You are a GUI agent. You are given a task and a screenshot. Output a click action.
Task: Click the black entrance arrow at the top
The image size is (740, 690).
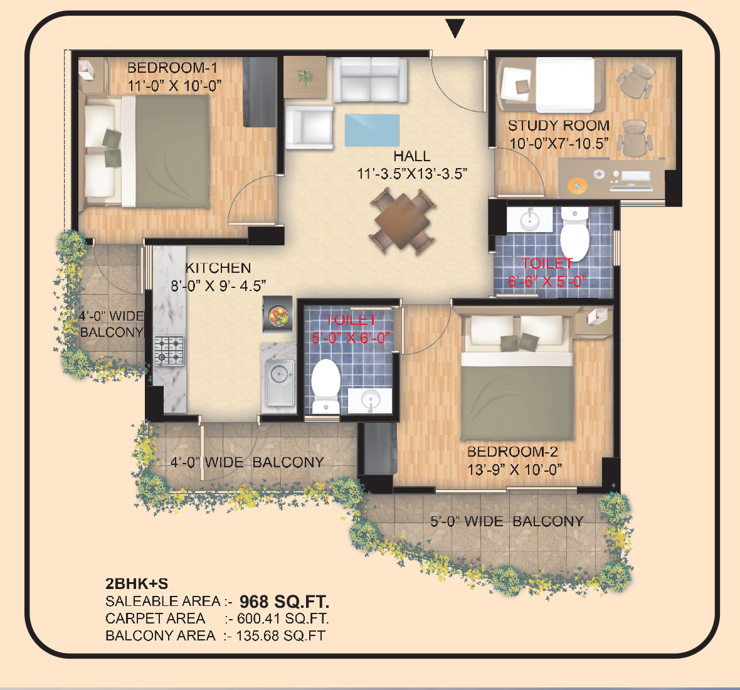pyautogui.click(x=455, y=28)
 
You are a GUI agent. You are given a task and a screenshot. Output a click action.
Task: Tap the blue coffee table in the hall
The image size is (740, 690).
pyautogui.click(x=372, y=130)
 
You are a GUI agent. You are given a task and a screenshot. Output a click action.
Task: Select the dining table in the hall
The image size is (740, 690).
pyautogui.click(x=402, y=220)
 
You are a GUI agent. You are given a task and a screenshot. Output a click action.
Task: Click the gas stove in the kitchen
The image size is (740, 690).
pyautogui.click(x=169, y=351)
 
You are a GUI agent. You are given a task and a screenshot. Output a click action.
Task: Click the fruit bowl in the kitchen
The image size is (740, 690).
pyautogui.click(x=278, y=316)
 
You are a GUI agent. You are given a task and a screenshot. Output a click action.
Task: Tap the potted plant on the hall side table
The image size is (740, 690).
pyautogui.click(x=304, y=77)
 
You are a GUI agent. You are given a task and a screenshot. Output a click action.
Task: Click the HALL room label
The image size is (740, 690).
pyautogui.click(x=411, y=156)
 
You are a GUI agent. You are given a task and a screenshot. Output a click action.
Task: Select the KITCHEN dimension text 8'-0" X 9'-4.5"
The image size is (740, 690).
pyautogui.click(x=218, y=285)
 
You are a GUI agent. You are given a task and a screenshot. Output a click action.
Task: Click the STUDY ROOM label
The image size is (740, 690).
pyautogui.click(x=559, y=125)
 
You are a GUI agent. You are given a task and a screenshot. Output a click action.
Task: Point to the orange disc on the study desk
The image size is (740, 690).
pyautogui.click(x=576, y=185)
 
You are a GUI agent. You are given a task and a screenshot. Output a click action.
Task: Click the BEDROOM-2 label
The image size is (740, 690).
pyautogui.click(x=512, y=452)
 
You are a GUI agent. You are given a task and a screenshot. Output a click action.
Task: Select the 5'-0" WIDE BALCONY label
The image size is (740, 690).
pyautogui.click(x=507, y=521)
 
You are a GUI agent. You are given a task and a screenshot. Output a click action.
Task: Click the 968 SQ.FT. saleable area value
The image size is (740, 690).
pyautogui.click(x=284, y=602)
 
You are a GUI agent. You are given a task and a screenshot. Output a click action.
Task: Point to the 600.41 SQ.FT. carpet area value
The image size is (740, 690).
pyautogui.click(x=283, y=618)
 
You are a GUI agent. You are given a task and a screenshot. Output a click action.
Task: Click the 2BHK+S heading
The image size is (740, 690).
pyautogui.click(x=136, y=584)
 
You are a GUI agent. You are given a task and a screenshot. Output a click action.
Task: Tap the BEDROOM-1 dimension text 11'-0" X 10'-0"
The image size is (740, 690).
pyautogui.click(x=174, y=86)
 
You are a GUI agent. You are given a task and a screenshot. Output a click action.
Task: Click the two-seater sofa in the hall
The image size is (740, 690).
pyautogui.click(x=371, y=80)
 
